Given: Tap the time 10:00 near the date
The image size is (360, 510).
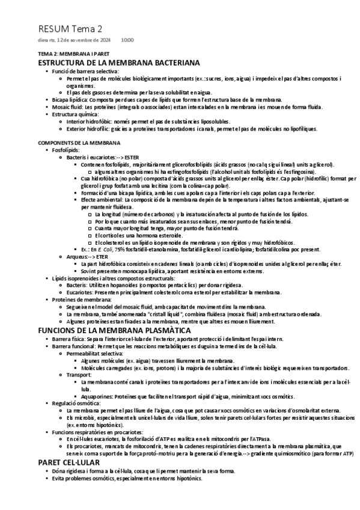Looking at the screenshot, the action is coord(127,40).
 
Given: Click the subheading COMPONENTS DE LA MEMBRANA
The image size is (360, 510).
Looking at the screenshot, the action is coord(79,143).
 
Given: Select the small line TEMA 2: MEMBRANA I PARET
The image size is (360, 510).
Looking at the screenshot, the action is coord(70,54).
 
